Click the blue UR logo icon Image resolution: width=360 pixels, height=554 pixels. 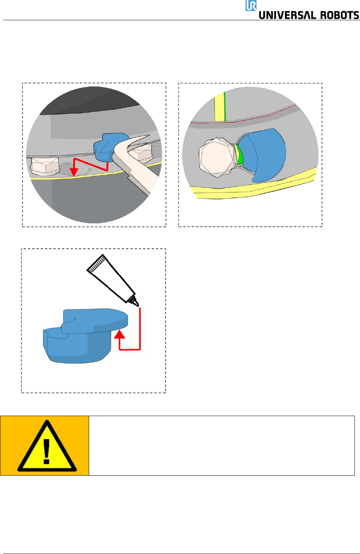(x=251, y=6)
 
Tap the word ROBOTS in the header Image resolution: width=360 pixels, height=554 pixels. (x=339, y=15)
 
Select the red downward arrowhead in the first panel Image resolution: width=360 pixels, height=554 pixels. (x=74, y=172)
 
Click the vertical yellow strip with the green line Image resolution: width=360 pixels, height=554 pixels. (x=220, y=107)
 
